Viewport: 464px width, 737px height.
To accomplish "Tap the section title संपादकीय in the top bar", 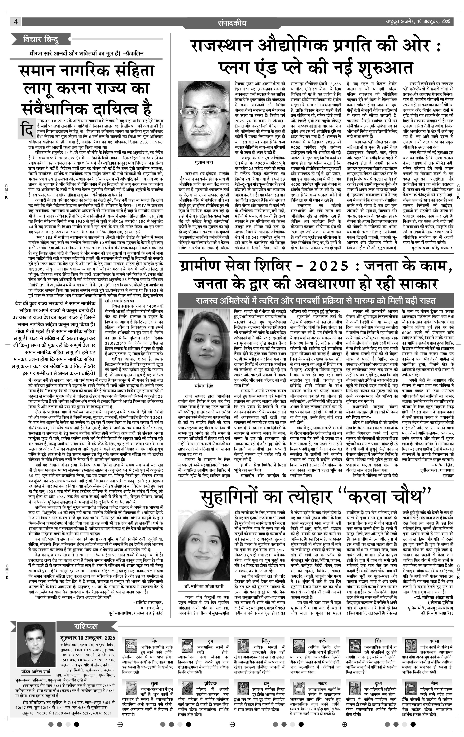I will click(232, 23).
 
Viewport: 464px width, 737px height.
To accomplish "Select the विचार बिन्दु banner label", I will click(41, 40).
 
